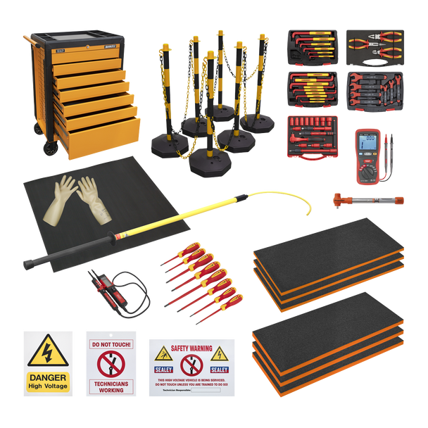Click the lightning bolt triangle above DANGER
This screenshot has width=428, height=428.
tap(47, 351)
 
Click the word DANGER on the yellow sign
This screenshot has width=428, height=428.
tap(48, 376)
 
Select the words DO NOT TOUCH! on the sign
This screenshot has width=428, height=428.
tap(111, 345)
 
